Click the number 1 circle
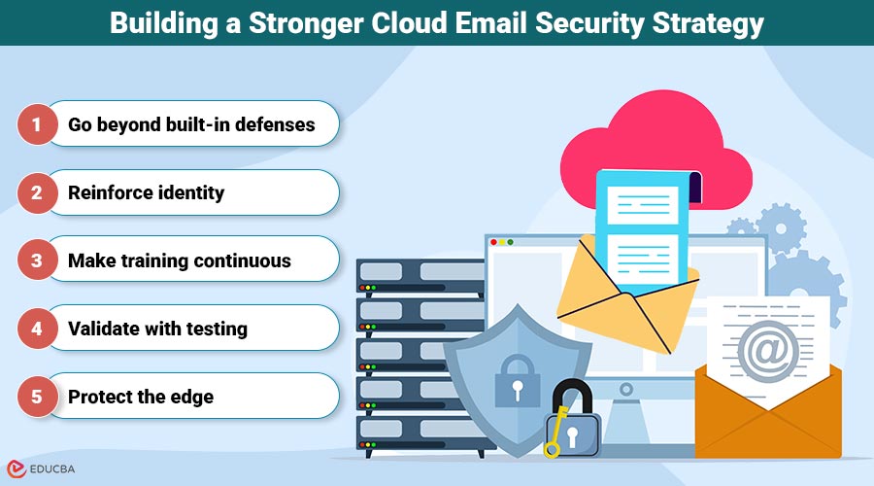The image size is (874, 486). point(38,124)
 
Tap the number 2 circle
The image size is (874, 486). point(38,192)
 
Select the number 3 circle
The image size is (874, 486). point(38,260)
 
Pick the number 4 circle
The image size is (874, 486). point(38,329)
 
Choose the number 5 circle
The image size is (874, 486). point(38,397)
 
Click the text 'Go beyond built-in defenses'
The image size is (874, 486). point(191,124)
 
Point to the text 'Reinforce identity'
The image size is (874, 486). point(146,192)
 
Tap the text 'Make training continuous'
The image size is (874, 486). point(179,260)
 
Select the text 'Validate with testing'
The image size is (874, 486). point(157,329)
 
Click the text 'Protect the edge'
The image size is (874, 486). point(141,397)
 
